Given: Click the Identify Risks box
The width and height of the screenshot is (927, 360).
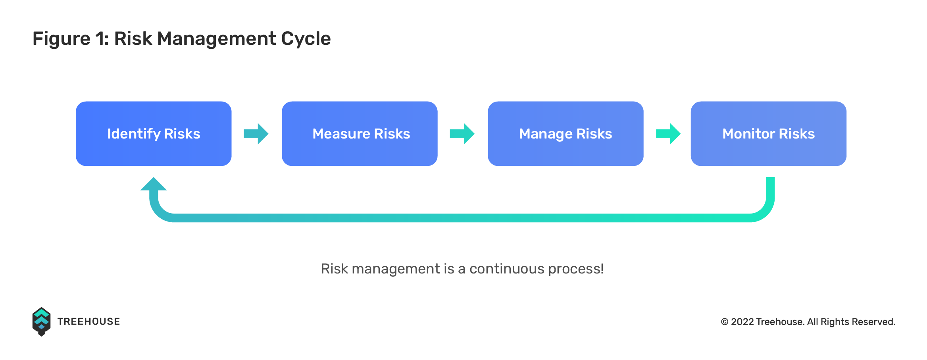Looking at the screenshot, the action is [x=154, y=134].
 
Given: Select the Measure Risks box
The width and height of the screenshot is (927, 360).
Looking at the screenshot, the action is [x=360, y=134].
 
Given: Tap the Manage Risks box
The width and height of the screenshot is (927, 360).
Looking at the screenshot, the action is [x=565, y=134].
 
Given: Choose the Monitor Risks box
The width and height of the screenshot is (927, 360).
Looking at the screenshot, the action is [x=769, y=134].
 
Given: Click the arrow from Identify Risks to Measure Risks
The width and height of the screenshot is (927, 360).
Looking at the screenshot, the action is [x=256, y=134].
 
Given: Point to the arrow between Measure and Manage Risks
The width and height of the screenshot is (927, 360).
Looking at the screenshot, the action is [x=462, y=134].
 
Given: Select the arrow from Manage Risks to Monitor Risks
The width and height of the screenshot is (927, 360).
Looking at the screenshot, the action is [x=668, y=134].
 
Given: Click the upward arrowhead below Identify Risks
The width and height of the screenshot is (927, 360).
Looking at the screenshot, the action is [x=154, y=184].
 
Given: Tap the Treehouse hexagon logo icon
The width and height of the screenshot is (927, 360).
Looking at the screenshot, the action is [x=41, y=321].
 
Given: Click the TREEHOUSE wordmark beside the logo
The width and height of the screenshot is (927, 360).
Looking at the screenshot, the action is [x=88, y=321].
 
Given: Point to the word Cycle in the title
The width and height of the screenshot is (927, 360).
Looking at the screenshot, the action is [x=306, y=39].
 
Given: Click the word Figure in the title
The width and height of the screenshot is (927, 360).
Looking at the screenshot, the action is [x=62, y=39].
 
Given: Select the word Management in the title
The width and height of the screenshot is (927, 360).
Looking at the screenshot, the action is [x=217, y=39].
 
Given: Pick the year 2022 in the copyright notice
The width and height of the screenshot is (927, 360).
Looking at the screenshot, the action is [x=742, y=322].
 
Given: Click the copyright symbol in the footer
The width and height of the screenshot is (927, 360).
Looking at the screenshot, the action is [x=725, y=322].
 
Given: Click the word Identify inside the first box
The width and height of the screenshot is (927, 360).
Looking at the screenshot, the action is [x=134, y=134].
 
